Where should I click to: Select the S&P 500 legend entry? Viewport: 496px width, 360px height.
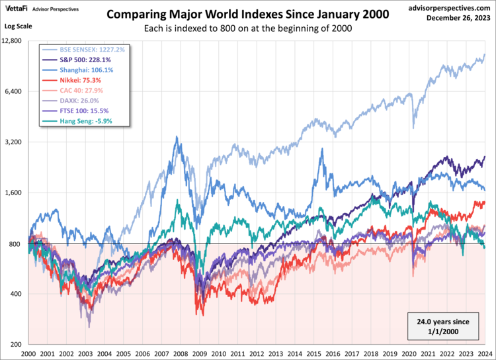click(77, 60)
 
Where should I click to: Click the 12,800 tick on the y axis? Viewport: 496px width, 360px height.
click(13, 40)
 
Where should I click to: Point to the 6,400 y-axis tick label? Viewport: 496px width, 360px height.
click(15, 91)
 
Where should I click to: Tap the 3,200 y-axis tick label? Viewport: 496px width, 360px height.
click(15, 142)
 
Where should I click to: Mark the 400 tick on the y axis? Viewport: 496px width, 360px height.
click(17, 294)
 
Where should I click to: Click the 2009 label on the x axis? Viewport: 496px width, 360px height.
click(199, 354)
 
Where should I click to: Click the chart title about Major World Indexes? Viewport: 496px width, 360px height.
click(248, 14)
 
